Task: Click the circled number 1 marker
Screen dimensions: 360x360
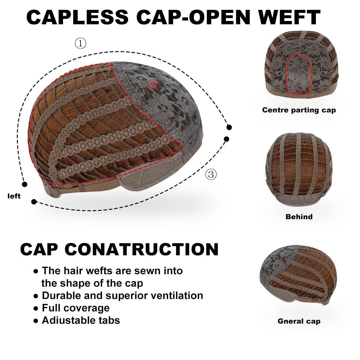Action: [80, 44]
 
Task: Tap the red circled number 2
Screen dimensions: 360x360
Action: [153, 85]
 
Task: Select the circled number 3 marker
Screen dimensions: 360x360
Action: [211, 174]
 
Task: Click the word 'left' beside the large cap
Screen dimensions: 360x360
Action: [14, 196]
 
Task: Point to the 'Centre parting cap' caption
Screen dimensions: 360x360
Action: [299, 110]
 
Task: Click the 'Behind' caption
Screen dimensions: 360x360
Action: [299, 217]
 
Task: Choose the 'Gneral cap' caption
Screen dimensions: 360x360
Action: [299, 321]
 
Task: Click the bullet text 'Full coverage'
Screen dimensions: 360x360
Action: [76, 308]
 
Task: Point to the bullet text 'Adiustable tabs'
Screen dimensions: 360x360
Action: [81, 320]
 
